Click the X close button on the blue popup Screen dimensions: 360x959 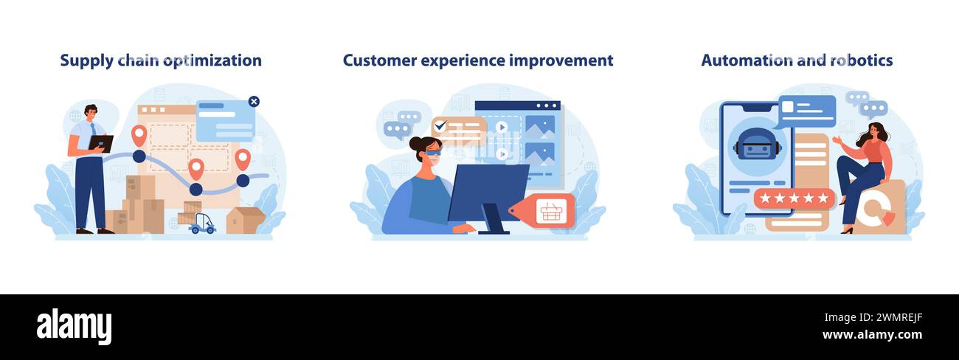tap(254, 102)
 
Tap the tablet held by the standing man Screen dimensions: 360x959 tap(101, 143)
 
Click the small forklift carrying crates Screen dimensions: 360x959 tap(201, 224)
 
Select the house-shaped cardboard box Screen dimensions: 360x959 tap(245, 220)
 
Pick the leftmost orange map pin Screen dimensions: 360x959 tap(139, 135)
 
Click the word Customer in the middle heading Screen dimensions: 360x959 tap(378, 60)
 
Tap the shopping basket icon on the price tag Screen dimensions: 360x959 tap(551, 212)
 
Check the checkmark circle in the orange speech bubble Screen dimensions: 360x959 tap(440, 125)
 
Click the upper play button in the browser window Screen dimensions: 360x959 tap(502, 126)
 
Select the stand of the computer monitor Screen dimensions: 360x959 tap(492, 221)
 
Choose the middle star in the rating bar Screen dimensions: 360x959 tap(794, 198)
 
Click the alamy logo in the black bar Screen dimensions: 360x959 tap(74, 327)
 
